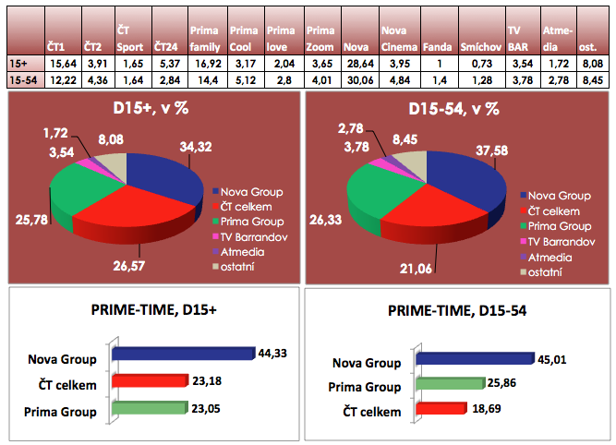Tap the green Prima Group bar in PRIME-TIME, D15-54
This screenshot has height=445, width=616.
click(450, 383)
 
